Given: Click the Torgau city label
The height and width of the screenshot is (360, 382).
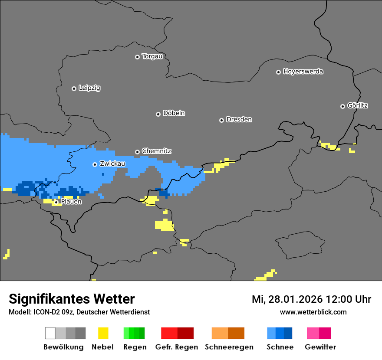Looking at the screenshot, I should (x=152, y=56).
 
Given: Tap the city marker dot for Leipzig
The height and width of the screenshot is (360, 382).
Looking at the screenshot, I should (x=74, y=88).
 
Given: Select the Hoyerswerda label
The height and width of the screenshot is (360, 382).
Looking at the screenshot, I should (x=303, y=72).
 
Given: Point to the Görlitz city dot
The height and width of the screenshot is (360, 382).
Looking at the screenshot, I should (x=342, y=106).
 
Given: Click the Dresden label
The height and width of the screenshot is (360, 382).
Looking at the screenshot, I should (x=239, y=120).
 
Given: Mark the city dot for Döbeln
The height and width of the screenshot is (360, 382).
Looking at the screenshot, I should (x=158, y=114).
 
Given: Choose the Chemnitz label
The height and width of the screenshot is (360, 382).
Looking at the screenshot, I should (x=156, y=151).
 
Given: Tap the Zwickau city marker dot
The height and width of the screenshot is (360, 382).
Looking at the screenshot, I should (x=95, y=164).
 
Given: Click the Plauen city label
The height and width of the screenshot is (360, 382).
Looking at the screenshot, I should (x=71, y=202).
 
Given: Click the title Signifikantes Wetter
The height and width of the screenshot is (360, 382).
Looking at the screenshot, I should (x=72, y=299).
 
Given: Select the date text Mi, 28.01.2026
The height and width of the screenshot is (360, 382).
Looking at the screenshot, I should (x=286, y=299).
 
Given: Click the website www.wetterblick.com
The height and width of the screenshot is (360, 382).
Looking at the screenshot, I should (x=313, y=312).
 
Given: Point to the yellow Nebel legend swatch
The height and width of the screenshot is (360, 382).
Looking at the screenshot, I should (x=103, y=333).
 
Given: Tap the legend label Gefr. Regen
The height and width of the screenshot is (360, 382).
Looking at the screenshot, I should (x=177, y=347).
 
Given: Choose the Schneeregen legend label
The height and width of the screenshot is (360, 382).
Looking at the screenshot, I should (x=228, y=347).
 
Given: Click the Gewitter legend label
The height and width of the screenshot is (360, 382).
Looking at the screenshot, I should (x=320, y=347).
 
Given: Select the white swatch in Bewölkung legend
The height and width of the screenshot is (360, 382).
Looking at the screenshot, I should (x=50, y=333).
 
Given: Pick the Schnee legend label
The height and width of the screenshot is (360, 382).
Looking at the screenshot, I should (x=280, y=347).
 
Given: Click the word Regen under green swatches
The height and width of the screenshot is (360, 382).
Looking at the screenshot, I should (x=135, y=347).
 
